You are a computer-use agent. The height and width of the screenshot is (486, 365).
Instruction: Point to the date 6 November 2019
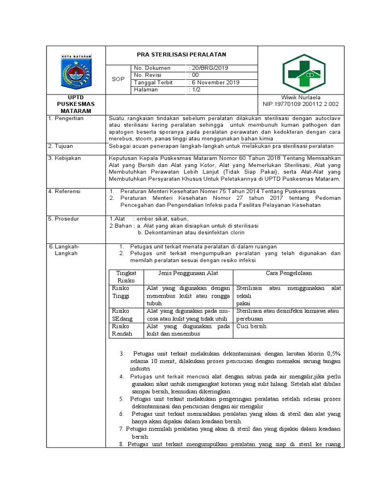[215, 82]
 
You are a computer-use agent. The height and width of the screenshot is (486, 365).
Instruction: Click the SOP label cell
[118, 79]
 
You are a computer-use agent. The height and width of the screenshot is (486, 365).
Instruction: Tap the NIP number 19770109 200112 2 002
[301, 104]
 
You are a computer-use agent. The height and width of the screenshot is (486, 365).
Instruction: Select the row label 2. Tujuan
[62, 146]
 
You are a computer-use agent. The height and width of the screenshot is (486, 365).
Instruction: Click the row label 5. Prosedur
[64, 219]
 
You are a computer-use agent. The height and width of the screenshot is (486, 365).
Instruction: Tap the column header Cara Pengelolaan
[288, 273]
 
